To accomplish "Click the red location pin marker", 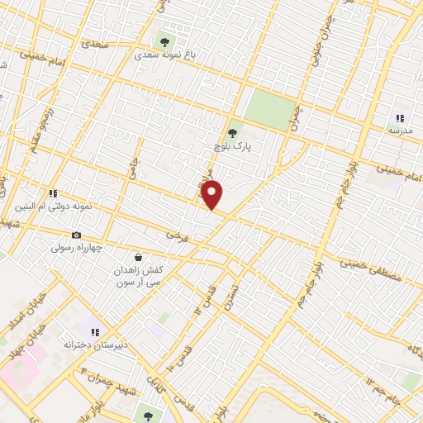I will [x=213, y=194].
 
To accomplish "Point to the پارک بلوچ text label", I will [x=232, y=147].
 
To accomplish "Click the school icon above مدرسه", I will [x=400, y=118].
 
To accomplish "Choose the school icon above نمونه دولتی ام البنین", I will [x=54, y=192].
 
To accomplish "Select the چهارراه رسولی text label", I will [x=77, y=247].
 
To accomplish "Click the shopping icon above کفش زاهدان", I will [x=137, y=256].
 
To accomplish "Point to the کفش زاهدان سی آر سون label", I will [x=137, y=275].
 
